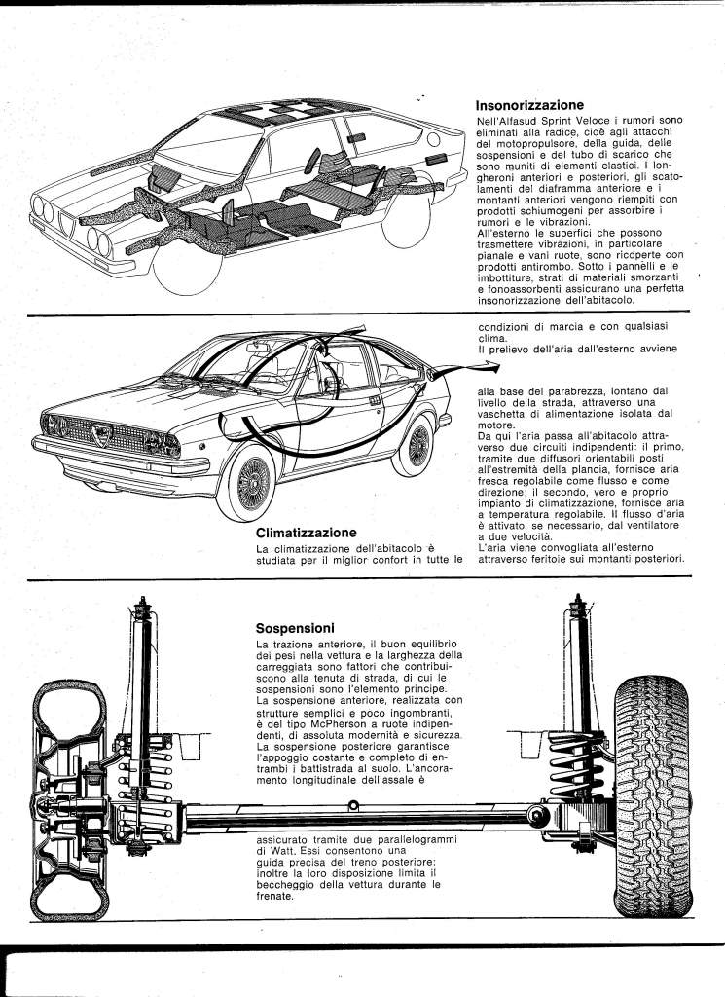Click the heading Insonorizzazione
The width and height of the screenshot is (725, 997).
pyautogui.click(x=528, y=104)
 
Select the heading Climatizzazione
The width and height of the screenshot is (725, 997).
pyautogui.click(x=305, y=533)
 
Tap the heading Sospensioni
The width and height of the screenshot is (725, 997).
pyautogui.click(x=295, y=628)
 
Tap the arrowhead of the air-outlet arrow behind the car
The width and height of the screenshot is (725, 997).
pyautogui.click(x=487, y=367)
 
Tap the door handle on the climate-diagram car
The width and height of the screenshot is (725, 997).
pyautogui.click(x=374, y=399)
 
